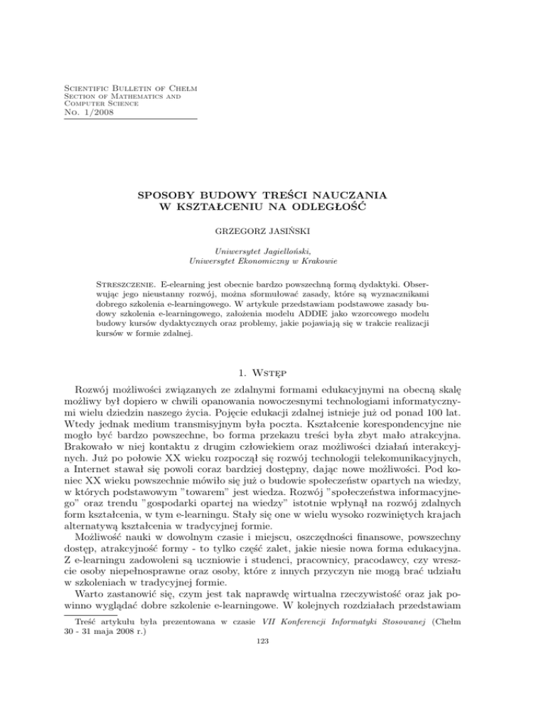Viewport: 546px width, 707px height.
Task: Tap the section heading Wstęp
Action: pyautogui.click(x=291, y=369)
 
